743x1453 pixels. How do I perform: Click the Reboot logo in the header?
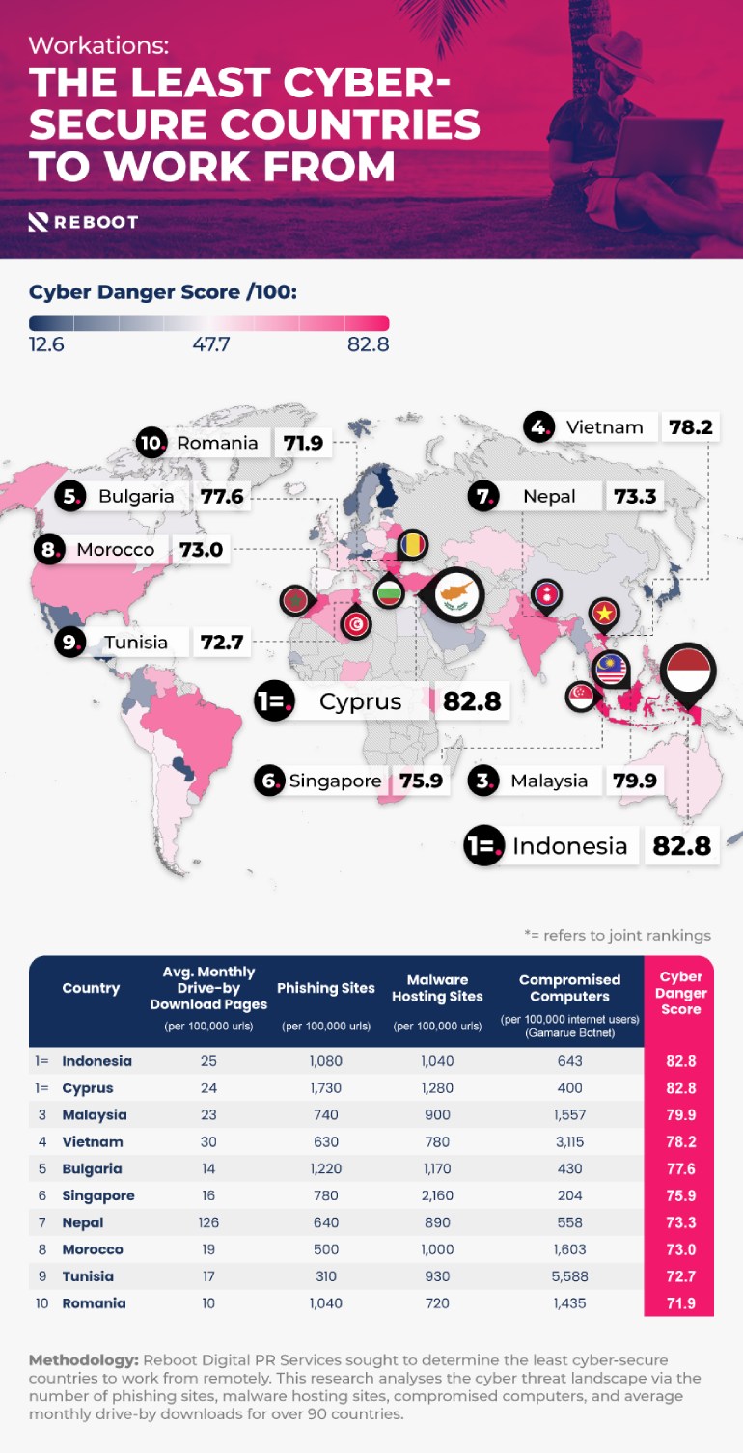[x=83, y=222]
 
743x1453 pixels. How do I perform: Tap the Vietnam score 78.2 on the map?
[x=691, y=427]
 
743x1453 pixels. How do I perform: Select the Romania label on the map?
[x=217, y=443]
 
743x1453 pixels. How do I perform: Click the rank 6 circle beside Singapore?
[x=270, y=781]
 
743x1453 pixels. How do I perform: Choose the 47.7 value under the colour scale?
[x=209, y=344]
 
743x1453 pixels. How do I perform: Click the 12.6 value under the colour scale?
[x=46, y=344]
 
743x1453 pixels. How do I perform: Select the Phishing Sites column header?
[x=326, y=988]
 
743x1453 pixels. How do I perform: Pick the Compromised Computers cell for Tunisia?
[x=569, y=1276]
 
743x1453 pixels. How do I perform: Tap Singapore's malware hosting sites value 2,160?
[x=437, y=1195]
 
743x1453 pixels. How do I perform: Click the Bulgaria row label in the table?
[x=92, y=1168]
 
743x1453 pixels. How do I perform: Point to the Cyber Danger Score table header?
[x=680, y=993]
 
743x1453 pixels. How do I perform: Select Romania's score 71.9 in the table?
[x=678, y=1303]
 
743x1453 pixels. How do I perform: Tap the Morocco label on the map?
[x=116, y=550]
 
